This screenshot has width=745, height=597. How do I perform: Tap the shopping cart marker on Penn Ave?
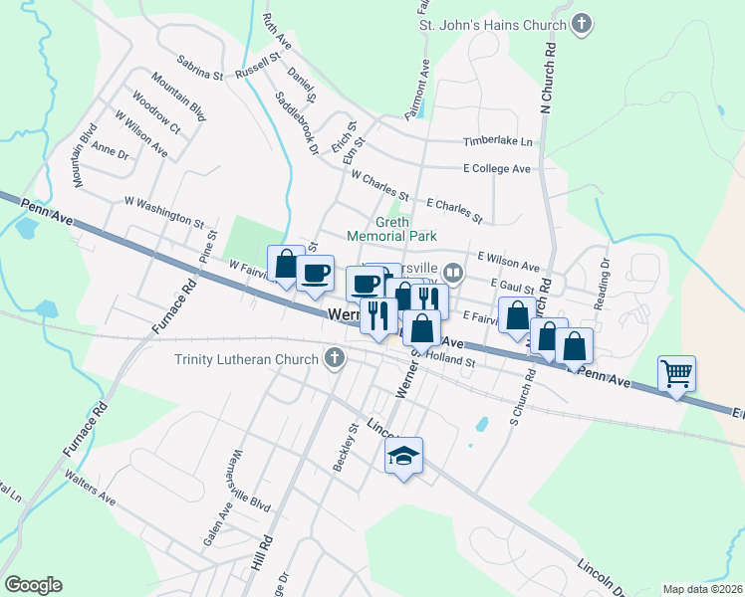[677, 374]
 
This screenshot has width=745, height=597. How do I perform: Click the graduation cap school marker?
[403, 456]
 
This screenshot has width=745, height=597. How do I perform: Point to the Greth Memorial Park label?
[391, 229]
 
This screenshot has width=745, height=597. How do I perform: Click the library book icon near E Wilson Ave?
[453, 272]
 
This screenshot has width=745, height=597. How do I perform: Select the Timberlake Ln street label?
[497, 142]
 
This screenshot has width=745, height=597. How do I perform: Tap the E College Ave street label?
[496, 169]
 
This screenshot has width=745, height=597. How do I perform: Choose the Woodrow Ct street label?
[154, 113]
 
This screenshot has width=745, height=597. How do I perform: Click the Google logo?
[33, 585]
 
